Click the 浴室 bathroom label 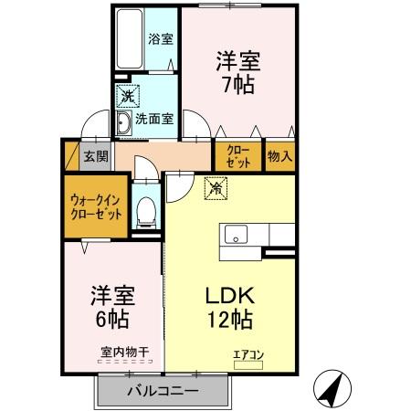click(x=162, y=39)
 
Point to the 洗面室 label click(x=154, y=118)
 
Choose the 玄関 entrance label click(x=95, y=155)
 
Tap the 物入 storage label click(x=279, y=155)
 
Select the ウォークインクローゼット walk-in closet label click(x=95, y=206)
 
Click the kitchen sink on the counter click(x=236, y=234)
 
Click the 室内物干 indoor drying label click(x=120, y=348)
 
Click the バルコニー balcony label click(x=161, y=393)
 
